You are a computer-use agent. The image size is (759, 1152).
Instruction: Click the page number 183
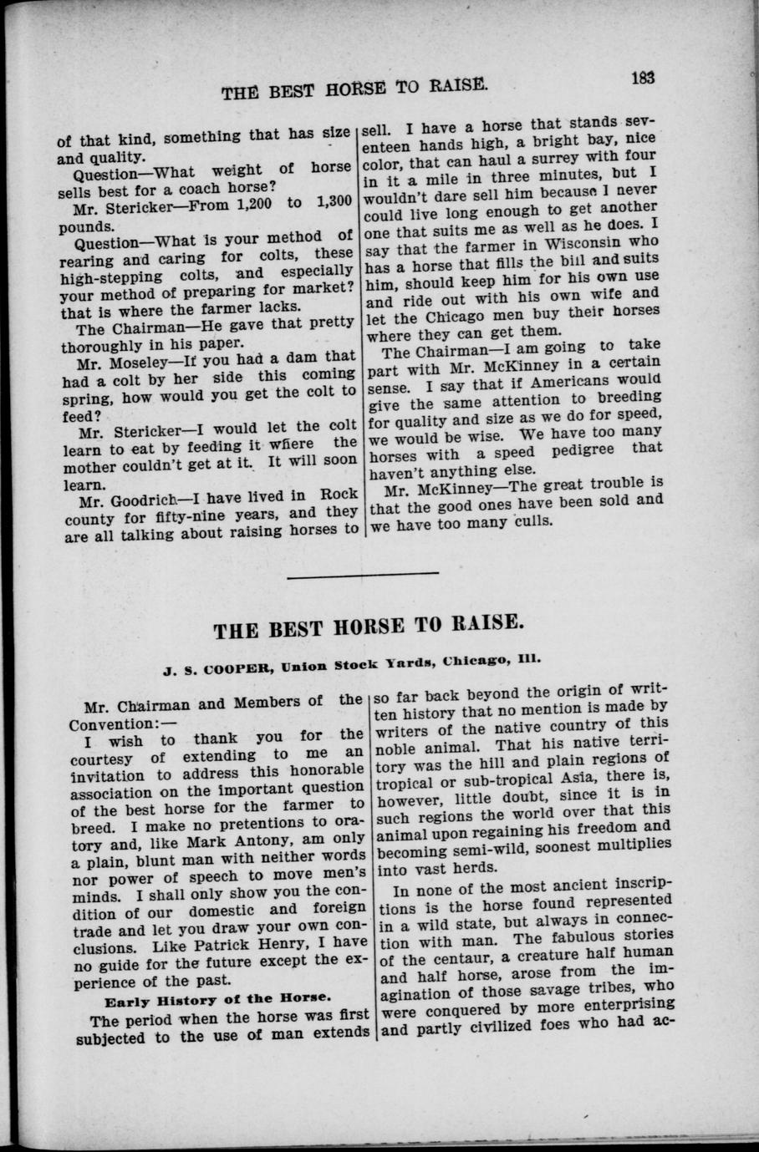pyautogui.click(x=642, y=78)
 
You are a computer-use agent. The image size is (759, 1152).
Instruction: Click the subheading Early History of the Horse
pyautogui.click(x=216, y=998)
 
